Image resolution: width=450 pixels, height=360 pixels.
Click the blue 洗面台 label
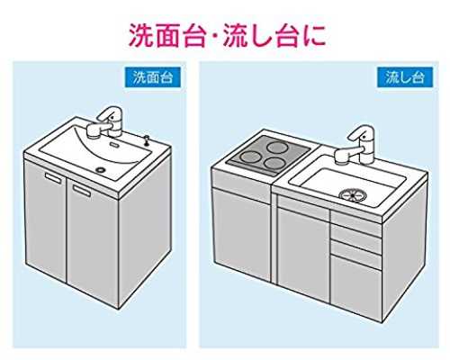153,77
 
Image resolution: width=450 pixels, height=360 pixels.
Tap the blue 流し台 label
405,77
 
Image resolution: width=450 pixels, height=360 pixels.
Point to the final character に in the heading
314,36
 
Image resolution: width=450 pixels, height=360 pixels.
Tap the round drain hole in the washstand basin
100,169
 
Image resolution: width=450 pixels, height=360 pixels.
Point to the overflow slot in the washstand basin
114,144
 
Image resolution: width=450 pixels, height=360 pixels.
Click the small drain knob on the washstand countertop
147,140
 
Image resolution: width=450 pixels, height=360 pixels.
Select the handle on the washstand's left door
53,177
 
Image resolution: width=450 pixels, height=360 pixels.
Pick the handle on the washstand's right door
82,191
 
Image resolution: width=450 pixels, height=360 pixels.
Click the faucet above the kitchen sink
355,145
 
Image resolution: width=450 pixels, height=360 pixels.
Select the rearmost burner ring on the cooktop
278,147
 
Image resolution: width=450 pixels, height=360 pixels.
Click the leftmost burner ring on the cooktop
251,157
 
